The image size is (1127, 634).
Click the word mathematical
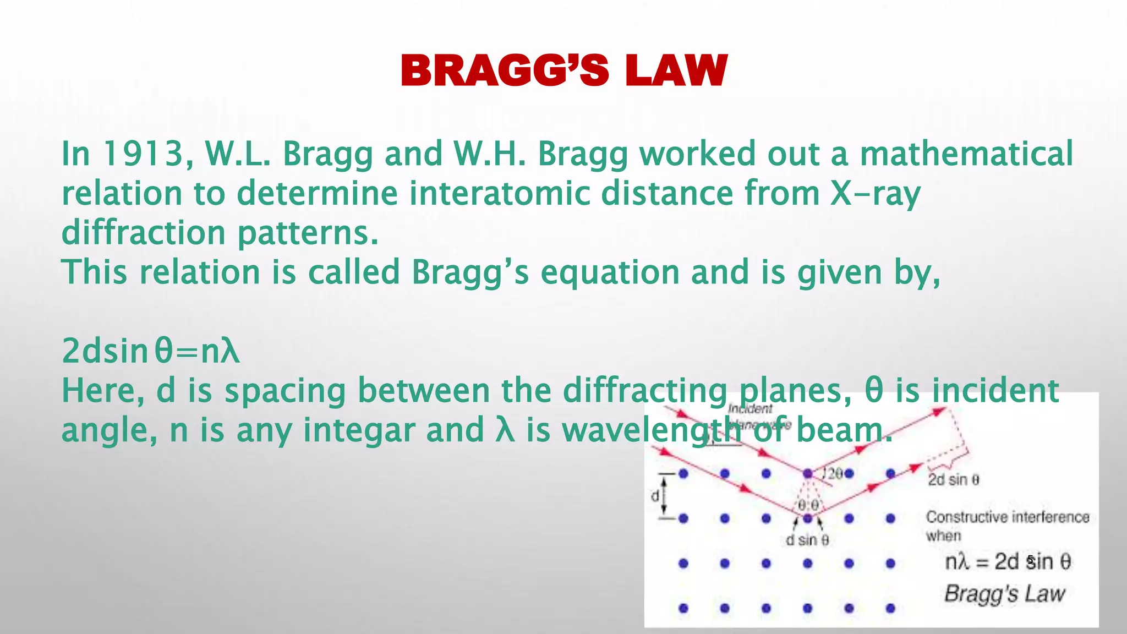(966, 154)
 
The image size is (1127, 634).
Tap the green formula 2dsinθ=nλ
(151, 351)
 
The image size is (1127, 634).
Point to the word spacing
(285, 391)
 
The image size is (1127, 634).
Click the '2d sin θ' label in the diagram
(954, 480)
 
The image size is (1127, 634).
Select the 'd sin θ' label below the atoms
(807, 540)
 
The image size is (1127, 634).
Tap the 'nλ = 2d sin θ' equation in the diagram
(1008, 562)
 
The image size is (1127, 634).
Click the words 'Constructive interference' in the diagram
(1008, 517)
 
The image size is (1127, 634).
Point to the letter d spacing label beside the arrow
(655, 496)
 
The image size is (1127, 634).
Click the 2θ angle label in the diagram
(834, 473)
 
